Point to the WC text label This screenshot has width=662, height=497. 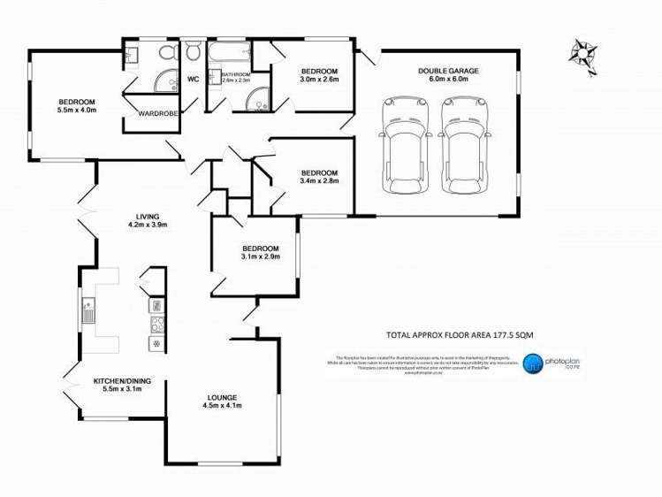193,80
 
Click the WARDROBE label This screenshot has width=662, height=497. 148,113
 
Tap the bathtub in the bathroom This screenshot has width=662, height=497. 227,53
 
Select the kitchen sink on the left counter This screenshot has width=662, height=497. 88,311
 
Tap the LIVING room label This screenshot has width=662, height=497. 146,218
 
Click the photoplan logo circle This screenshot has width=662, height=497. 532,363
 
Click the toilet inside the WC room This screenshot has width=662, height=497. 193,53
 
